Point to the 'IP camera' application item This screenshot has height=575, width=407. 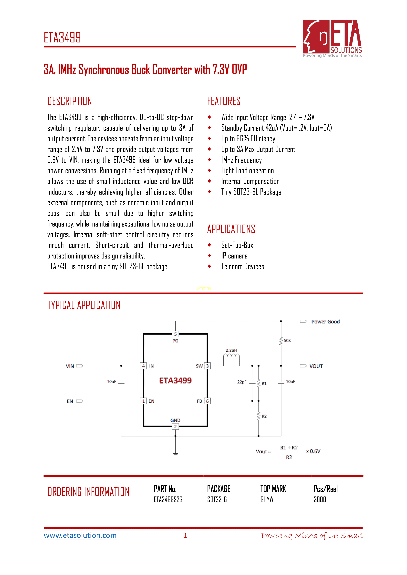(234, 256)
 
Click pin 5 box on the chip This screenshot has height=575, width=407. (175, 334)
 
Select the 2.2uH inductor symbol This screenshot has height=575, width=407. (231, 356)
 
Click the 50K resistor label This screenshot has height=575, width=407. (287, 340)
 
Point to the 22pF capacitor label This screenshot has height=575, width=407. (242, 382)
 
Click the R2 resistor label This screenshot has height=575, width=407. (264, 416)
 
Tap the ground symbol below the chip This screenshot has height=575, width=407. (175, 454)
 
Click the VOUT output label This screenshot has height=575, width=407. (316, 366)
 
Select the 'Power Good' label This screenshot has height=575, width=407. (325, 322)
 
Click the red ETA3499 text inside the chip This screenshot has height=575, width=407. (175, 381)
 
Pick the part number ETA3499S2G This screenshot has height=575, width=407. (168, 500)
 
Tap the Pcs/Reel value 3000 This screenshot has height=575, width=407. (320, 500)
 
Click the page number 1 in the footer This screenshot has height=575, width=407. (186, 535)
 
